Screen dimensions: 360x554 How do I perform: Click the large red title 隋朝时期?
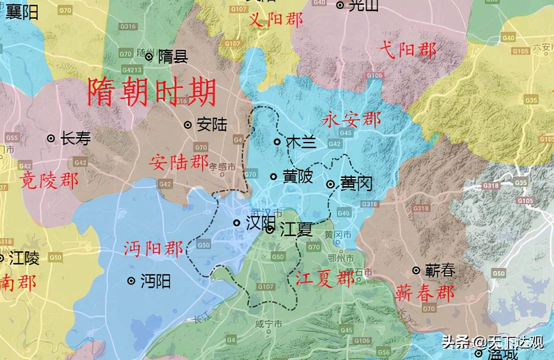[x=151, y=92]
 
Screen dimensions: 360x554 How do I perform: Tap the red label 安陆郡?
[x=179, y=163]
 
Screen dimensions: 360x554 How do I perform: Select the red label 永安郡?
[x=351, y=120]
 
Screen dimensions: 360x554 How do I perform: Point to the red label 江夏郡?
[x=325, y=278]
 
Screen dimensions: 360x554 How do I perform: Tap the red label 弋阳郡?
[x=408, y=51]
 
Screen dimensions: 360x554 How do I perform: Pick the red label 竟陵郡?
[x=48, y=180]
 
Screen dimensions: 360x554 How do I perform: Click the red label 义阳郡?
[x=276, y=19]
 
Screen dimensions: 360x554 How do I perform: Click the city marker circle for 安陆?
[x=188, y=125]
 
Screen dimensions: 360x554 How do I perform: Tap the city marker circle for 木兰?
[x=277, y=141]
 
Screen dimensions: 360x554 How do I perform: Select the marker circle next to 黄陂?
[x=274, y=176]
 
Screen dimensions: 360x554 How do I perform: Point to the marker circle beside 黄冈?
[x=330, y=184]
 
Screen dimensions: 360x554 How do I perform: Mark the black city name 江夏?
[x=296, y=229]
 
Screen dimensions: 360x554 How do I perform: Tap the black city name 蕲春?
[x=440, y=271]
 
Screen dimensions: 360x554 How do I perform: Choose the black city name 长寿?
[x=75, y=139]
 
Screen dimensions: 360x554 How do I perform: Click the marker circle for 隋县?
[x=149, y=57]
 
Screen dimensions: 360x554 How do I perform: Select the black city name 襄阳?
[x=22, y=12]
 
